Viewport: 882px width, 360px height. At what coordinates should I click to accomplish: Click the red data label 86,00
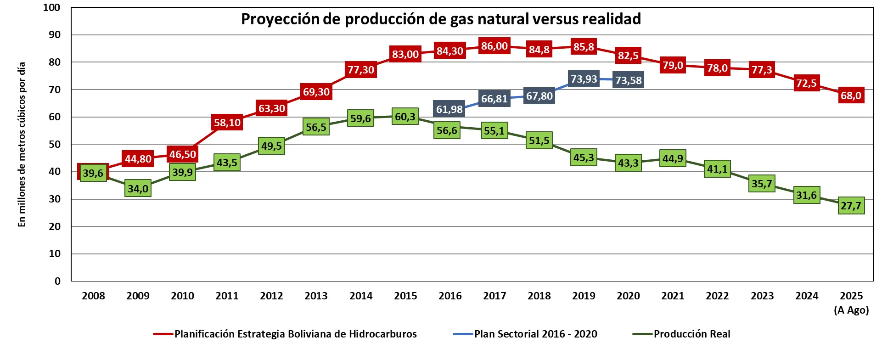click(494, 46)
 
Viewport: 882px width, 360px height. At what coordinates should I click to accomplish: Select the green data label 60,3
click(405, 117)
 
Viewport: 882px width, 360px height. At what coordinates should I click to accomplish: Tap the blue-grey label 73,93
click(584, 79)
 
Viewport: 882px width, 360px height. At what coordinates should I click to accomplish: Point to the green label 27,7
click(851, 206)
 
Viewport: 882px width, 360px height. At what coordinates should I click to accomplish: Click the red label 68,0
click(851, 96)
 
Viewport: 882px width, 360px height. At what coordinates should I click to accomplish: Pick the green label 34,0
click(138, 188)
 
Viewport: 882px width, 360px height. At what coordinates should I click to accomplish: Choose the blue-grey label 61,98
click(449, 109)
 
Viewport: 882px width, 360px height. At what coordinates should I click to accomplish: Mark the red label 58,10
click(227, 123)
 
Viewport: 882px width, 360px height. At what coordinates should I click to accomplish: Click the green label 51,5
click(539, 141)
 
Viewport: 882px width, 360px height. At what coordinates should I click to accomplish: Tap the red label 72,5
click(806, 83)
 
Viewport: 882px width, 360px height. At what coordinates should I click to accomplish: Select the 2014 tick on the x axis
click(361, 296)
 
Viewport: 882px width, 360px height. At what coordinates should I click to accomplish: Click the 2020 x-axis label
click(628, 296)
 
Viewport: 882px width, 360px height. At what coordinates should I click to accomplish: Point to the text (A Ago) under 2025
click(851, 310)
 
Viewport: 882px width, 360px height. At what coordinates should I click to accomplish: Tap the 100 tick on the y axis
click(51, 7)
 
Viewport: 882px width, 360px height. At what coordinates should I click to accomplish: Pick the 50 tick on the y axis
click(55, 144)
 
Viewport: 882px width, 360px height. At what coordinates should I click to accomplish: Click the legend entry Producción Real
click(691, 334)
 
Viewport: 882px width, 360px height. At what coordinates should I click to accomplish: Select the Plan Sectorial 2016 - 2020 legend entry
click(535, 334)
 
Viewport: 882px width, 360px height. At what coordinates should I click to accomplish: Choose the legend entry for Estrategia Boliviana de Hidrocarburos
click(295, 334)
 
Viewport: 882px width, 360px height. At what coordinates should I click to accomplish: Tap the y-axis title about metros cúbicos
click(22, 144)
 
